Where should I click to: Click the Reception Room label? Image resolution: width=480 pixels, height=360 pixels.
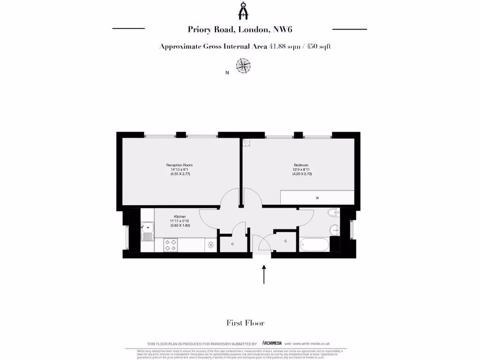(180, 165)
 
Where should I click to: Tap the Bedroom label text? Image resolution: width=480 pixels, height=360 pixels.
(301, 165)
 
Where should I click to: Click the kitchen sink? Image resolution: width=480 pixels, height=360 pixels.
(147, 231)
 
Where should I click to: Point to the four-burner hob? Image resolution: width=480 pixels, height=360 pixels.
(171, 245)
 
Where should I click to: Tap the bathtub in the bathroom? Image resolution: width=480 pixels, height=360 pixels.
(314, 245)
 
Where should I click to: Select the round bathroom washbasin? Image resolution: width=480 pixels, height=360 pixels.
(334, 230)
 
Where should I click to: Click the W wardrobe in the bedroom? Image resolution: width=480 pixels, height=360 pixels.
(317, 197)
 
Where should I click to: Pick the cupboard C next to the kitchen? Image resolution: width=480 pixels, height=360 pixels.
(233, 244)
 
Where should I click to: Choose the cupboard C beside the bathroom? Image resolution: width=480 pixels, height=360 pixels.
(285, 241)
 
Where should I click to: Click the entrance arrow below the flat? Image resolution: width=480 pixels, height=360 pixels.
(264, 274)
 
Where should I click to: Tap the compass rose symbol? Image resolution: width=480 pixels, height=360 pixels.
(243, 66)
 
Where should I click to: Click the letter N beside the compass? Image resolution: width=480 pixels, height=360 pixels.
(227, 73)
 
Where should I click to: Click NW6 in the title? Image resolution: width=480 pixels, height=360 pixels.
(284, 29)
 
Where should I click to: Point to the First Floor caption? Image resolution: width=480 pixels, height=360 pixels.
(245, 322)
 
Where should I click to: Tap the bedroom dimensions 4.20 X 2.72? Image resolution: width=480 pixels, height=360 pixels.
(302, 174)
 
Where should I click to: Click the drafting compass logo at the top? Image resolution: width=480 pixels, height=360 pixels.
(243, 11)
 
